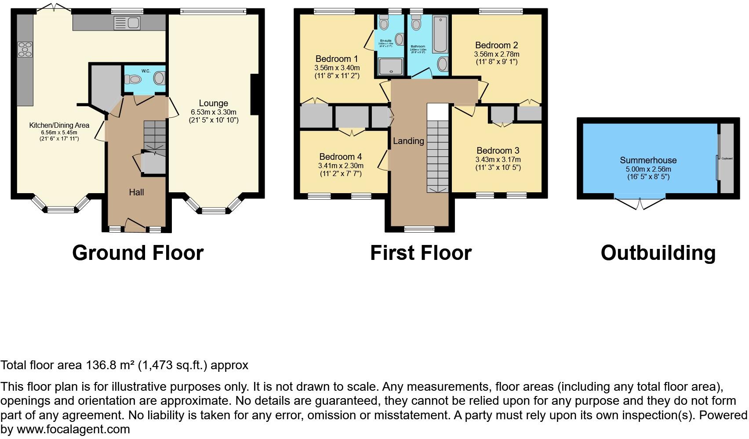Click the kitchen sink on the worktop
pos(127,23)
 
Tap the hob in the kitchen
pos(25,49)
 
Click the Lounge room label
pos(214,104)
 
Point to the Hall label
pos(136,192)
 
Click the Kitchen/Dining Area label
pos(59,126)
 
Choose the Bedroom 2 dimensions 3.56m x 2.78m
pos(496,54)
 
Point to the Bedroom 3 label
pos(498,151)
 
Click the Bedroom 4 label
pos(340,157)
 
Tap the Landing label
pos(408,141)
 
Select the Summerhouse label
pos(648,161)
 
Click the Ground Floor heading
pos(138,253)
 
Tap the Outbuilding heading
pos(658,253)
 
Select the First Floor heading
pos(420,253)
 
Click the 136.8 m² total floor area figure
pos(109,365)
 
